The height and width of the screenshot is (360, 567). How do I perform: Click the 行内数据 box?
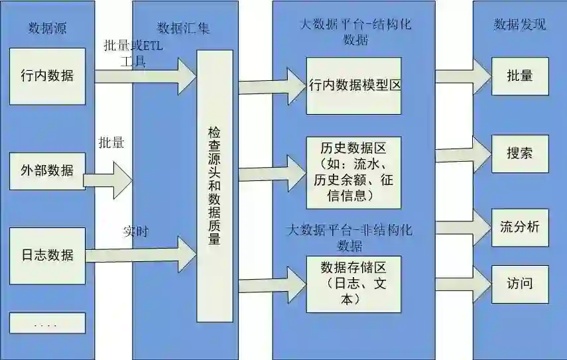[47, 76]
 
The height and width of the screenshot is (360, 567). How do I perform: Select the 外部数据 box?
[47, 171]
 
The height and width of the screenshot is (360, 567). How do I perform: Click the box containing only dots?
[47, 323]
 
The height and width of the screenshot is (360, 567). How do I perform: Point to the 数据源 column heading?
[47, 28]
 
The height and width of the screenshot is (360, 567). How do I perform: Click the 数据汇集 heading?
[183, 28]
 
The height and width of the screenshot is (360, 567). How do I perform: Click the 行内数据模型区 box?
[354, 86]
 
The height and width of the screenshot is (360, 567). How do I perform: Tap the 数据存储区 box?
[354, 284]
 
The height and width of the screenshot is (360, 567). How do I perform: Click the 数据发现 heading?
[520, 25]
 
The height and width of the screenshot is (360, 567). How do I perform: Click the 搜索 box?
[520, 153]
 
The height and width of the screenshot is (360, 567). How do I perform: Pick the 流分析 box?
[520, 227]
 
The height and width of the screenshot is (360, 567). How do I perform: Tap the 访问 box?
[520, 284]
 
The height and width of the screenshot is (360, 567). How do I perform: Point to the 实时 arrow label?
[135, 232]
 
